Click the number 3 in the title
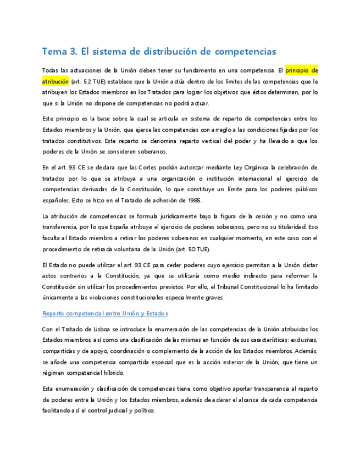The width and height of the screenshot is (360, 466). pyautogui.click(x=74, y=52)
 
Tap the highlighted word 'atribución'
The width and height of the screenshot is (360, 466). pyautogui.click(x=56, y=81)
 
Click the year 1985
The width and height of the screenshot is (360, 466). pyautogui.click(x=192, y=199)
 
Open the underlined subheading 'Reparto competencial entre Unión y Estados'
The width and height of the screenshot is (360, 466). pyautogui.click(x=105, y=313)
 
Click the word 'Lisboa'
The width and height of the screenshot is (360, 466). pyautogui.click(x=102, y=329)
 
